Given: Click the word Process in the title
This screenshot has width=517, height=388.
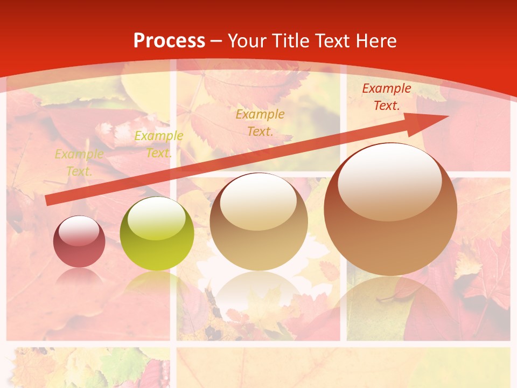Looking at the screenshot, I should [169, 41].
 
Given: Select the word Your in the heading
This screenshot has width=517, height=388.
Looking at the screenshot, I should [248, 41].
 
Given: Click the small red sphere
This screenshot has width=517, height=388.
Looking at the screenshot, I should [79, 242].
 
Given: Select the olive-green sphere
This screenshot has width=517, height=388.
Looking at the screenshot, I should [157, 234].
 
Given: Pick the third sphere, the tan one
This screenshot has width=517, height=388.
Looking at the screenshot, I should [258, 222].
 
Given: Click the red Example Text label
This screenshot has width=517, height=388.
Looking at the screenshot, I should [386, 97].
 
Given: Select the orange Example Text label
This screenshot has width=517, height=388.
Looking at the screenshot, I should [260, 122].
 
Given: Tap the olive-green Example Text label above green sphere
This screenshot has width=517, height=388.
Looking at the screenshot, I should [158, 144].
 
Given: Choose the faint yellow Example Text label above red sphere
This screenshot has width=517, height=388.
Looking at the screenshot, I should [79, 163].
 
